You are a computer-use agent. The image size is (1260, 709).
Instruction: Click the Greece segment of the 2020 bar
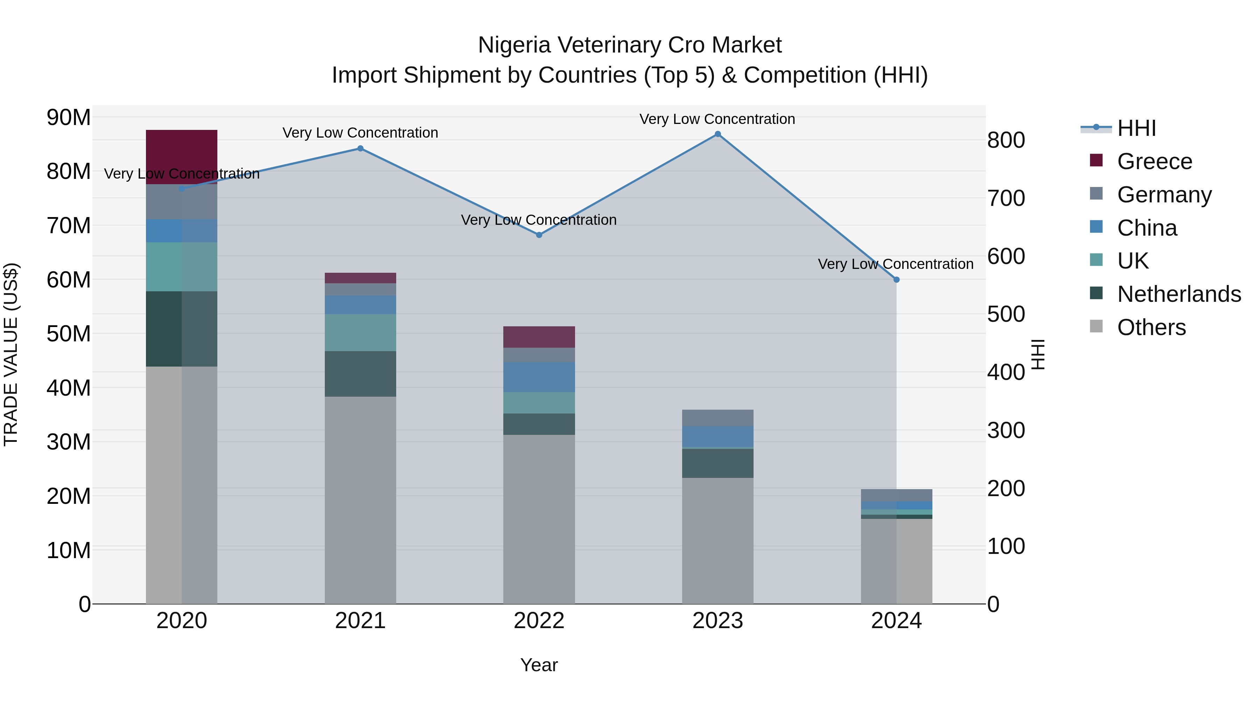coord(181,157)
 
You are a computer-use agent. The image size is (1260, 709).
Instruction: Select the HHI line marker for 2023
coord(717,134)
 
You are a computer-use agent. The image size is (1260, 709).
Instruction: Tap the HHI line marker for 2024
coord(896,280)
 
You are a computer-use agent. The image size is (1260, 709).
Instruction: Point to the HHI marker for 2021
coord(360,148)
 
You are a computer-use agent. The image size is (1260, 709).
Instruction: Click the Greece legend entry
coord(1154,161)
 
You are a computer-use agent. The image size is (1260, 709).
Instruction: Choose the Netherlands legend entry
coord(1179,294)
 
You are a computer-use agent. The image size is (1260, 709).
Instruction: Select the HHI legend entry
coord(1136,128)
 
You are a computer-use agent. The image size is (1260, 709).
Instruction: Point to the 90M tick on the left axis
coord(69,117)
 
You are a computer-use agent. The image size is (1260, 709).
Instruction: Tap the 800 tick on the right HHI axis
coord(1006,140)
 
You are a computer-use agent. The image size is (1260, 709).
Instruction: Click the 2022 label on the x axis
coord(539,621)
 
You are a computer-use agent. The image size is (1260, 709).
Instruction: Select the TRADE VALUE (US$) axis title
coord(11,354)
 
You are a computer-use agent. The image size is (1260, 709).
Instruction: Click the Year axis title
coord(539,665)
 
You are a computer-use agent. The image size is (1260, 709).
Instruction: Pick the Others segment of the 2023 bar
coord(717,541)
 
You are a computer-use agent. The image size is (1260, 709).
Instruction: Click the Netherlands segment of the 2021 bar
coord(360,374)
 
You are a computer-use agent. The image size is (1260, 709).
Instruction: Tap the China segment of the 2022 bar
coord(539,377)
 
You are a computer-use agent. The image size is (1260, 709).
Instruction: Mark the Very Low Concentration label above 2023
coord(717,119)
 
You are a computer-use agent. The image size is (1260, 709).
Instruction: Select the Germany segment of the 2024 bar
coord(896,495)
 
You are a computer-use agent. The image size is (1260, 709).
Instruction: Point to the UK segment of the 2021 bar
coord(360,333)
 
